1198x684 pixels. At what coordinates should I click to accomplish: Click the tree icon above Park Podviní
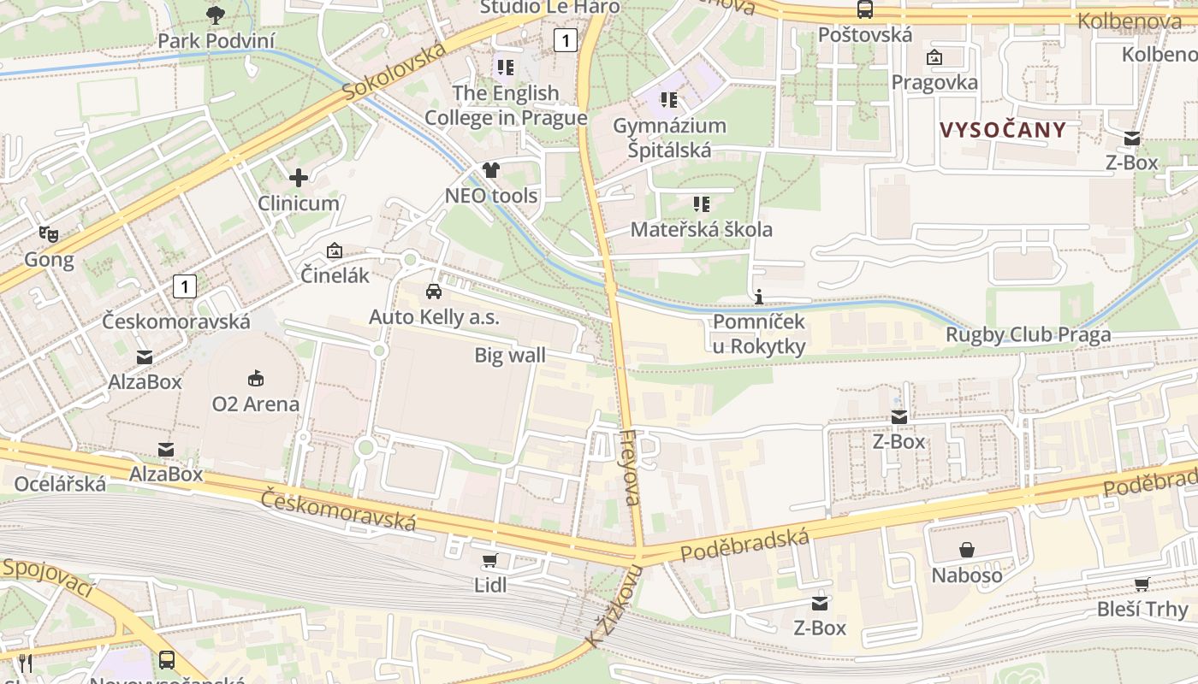click(x=216, y=14)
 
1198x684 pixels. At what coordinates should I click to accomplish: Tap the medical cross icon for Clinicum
click(x=299, y=178)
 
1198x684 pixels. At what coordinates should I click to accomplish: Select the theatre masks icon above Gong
click(x=48, y=233)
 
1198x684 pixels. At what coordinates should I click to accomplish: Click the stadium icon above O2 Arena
click(x=255, y=378)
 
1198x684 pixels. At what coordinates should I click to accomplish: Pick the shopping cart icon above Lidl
click(x=489, y=561)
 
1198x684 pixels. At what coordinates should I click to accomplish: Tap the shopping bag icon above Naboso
click(x=967, y=550)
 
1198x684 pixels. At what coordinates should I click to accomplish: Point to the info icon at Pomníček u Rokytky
click(x=759, y=297)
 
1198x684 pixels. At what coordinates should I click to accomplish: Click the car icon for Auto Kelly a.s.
click(x=434, y=292)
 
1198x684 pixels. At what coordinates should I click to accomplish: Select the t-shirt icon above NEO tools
click(x=490, y=170)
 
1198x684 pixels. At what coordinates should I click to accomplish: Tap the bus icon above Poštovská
click(x=865, y=9)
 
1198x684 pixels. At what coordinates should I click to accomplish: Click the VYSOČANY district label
click(x=1003, y=130)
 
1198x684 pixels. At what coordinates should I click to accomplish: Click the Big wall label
click(x=510, y=356)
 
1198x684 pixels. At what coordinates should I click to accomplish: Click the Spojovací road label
click(x=47, y=577)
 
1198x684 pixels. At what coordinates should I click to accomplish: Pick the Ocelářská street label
click(x=60, y=484)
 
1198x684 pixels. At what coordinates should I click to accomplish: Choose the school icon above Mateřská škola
click(x=702, y=204)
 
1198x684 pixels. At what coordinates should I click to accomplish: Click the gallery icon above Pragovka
click(x=934, y=57)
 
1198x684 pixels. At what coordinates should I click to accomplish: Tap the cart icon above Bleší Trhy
click(x=1142, y=584)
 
